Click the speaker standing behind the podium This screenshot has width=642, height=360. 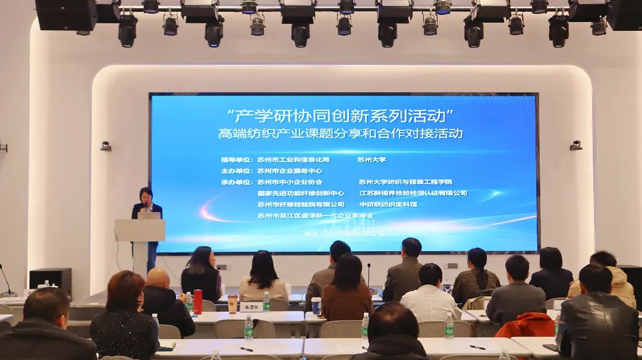point(146,205)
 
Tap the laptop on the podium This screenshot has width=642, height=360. point(149,216)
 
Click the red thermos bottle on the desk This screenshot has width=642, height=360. point(197,301)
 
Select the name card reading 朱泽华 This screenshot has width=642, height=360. point(251,307)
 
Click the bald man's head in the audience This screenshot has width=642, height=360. point(158,277)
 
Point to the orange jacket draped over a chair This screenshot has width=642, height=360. point(525,326)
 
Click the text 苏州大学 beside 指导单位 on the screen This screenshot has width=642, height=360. point(372,159)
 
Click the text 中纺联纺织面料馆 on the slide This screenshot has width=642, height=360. point(388,204)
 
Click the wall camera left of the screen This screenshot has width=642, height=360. point(106,146)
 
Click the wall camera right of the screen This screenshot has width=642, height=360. point(575,145)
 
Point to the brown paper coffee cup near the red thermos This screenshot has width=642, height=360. point(232,304)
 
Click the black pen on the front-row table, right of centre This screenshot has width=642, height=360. point(477,347)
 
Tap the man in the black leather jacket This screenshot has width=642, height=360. point(597,318)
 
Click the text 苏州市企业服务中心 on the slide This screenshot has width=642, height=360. point(290,170)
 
